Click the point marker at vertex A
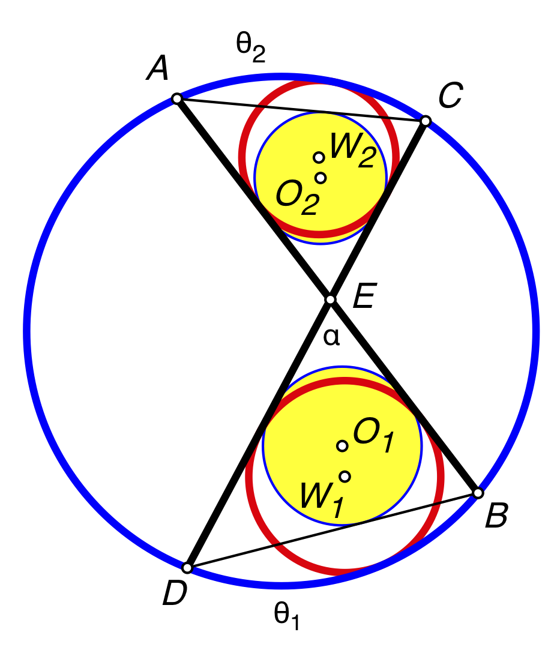coord(176,98)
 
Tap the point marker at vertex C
coord(425,121)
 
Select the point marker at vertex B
coord(478,493)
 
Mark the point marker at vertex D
coord(187,568)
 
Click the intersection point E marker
coord(330,299)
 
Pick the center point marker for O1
coord(342,446)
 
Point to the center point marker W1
coord(345,477)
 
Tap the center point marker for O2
coord(321,178)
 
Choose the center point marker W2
coord(319,157)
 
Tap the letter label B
coord(496,517)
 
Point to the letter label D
coord(175,594)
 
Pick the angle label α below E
coord(331,337)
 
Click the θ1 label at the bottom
coord(286,616)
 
